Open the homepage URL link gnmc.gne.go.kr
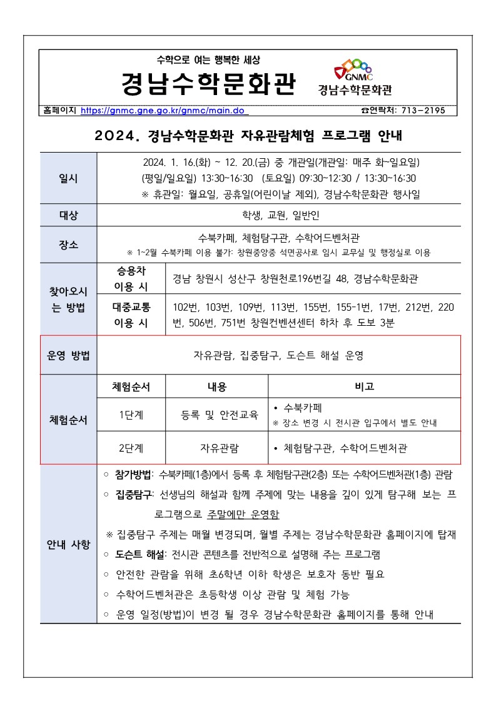[164, 111]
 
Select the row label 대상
[68, 216]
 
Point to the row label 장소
[68, 245]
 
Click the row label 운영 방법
[68, 355]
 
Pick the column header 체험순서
[131, 386]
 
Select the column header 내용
[216, 386]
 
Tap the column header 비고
[364, 386]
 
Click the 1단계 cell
[131, 415]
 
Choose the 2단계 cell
[131, 448]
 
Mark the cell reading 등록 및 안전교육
[216, 415]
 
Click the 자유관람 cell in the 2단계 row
[216, 448]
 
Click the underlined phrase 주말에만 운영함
[243, 515]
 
